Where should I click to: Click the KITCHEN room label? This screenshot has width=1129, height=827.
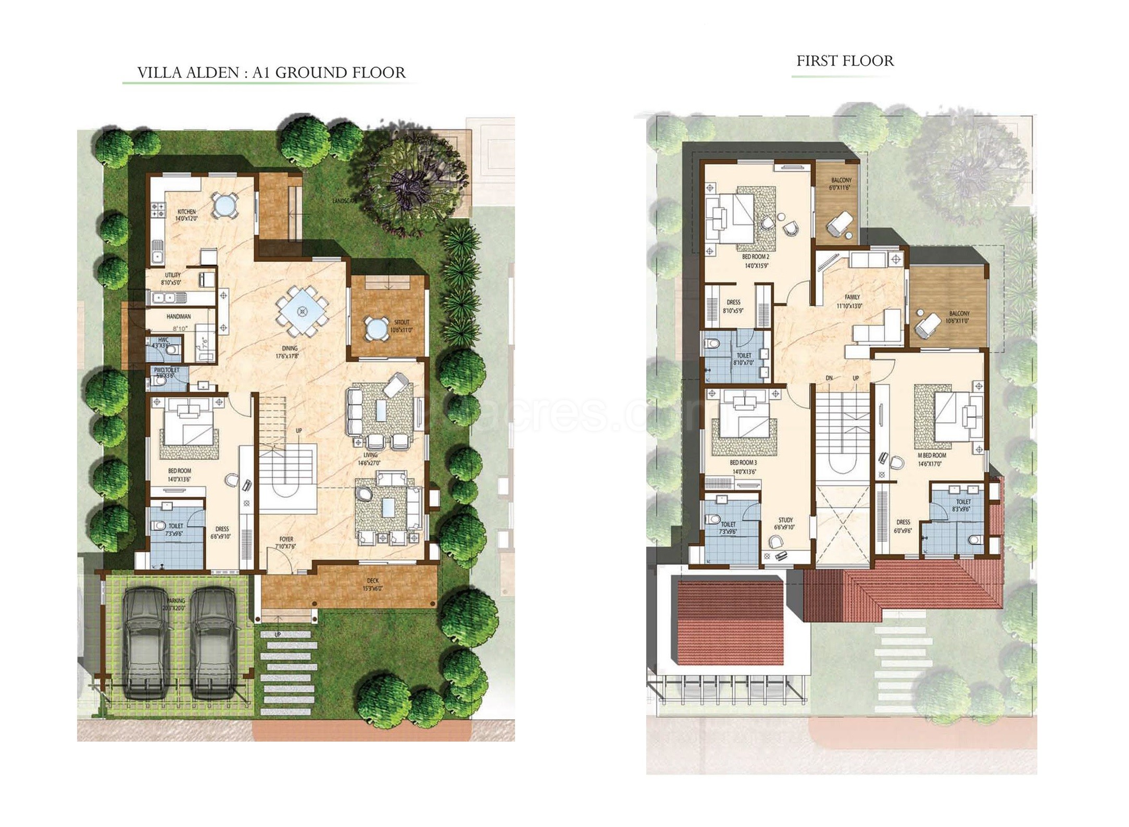186,212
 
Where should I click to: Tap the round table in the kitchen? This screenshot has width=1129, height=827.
224,206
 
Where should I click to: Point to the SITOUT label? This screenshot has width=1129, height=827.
402,322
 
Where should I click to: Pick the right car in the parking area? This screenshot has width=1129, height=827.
215,642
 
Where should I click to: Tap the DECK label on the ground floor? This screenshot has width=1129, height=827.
372,581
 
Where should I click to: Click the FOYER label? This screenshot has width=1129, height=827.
286,540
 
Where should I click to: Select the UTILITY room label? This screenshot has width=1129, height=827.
173,275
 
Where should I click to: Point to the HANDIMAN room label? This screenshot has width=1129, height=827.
179,316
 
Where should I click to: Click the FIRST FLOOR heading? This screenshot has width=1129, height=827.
845,61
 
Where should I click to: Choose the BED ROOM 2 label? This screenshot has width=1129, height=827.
756,257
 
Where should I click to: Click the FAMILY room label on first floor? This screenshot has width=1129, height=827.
852,297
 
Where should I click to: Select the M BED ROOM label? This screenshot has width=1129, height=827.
932,455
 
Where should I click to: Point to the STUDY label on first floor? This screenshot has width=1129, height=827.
785,520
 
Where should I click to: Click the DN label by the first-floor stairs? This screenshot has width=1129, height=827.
829,378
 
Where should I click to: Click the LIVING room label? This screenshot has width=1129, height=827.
370,455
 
